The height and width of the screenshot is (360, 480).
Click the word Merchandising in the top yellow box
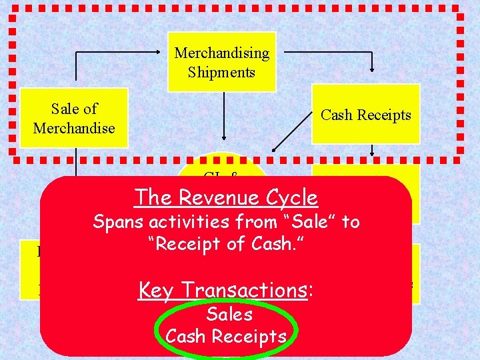[221, 53]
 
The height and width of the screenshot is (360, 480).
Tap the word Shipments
[221, 72]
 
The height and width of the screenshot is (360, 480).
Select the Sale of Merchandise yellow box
[74, 117]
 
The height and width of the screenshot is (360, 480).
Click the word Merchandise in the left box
[74, 127]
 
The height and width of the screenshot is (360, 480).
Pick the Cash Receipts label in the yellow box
[365, 115]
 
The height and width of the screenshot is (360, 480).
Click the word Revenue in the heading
[218, 197]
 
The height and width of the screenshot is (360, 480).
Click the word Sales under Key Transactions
[229, 314]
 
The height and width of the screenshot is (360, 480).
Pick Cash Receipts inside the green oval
[226, 337]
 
